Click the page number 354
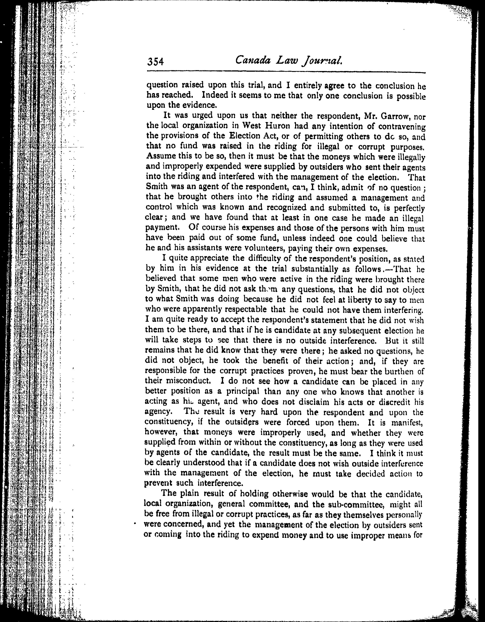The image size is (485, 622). click(156, 62)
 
